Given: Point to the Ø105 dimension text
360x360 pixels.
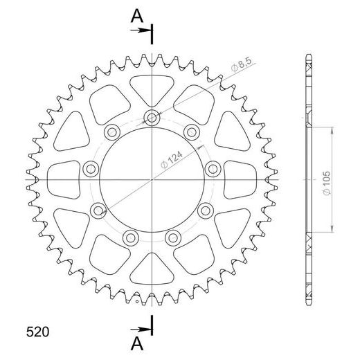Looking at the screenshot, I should (327, 179).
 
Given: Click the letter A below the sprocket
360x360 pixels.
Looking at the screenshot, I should (138, 342).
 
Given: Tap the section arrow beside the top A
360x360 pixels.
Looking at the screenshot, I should (143, 31).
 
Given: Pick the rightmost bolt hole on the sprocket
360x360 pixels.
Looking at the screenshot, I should (213, 167).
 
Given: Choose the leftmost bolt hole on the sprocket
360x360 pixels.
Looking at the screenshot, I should (89, 168).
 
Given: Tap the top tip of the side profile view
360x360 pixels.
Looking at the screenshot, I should (308, 55).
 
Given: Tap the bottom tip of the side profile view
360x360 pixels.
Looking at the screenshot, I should (308, 305).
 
